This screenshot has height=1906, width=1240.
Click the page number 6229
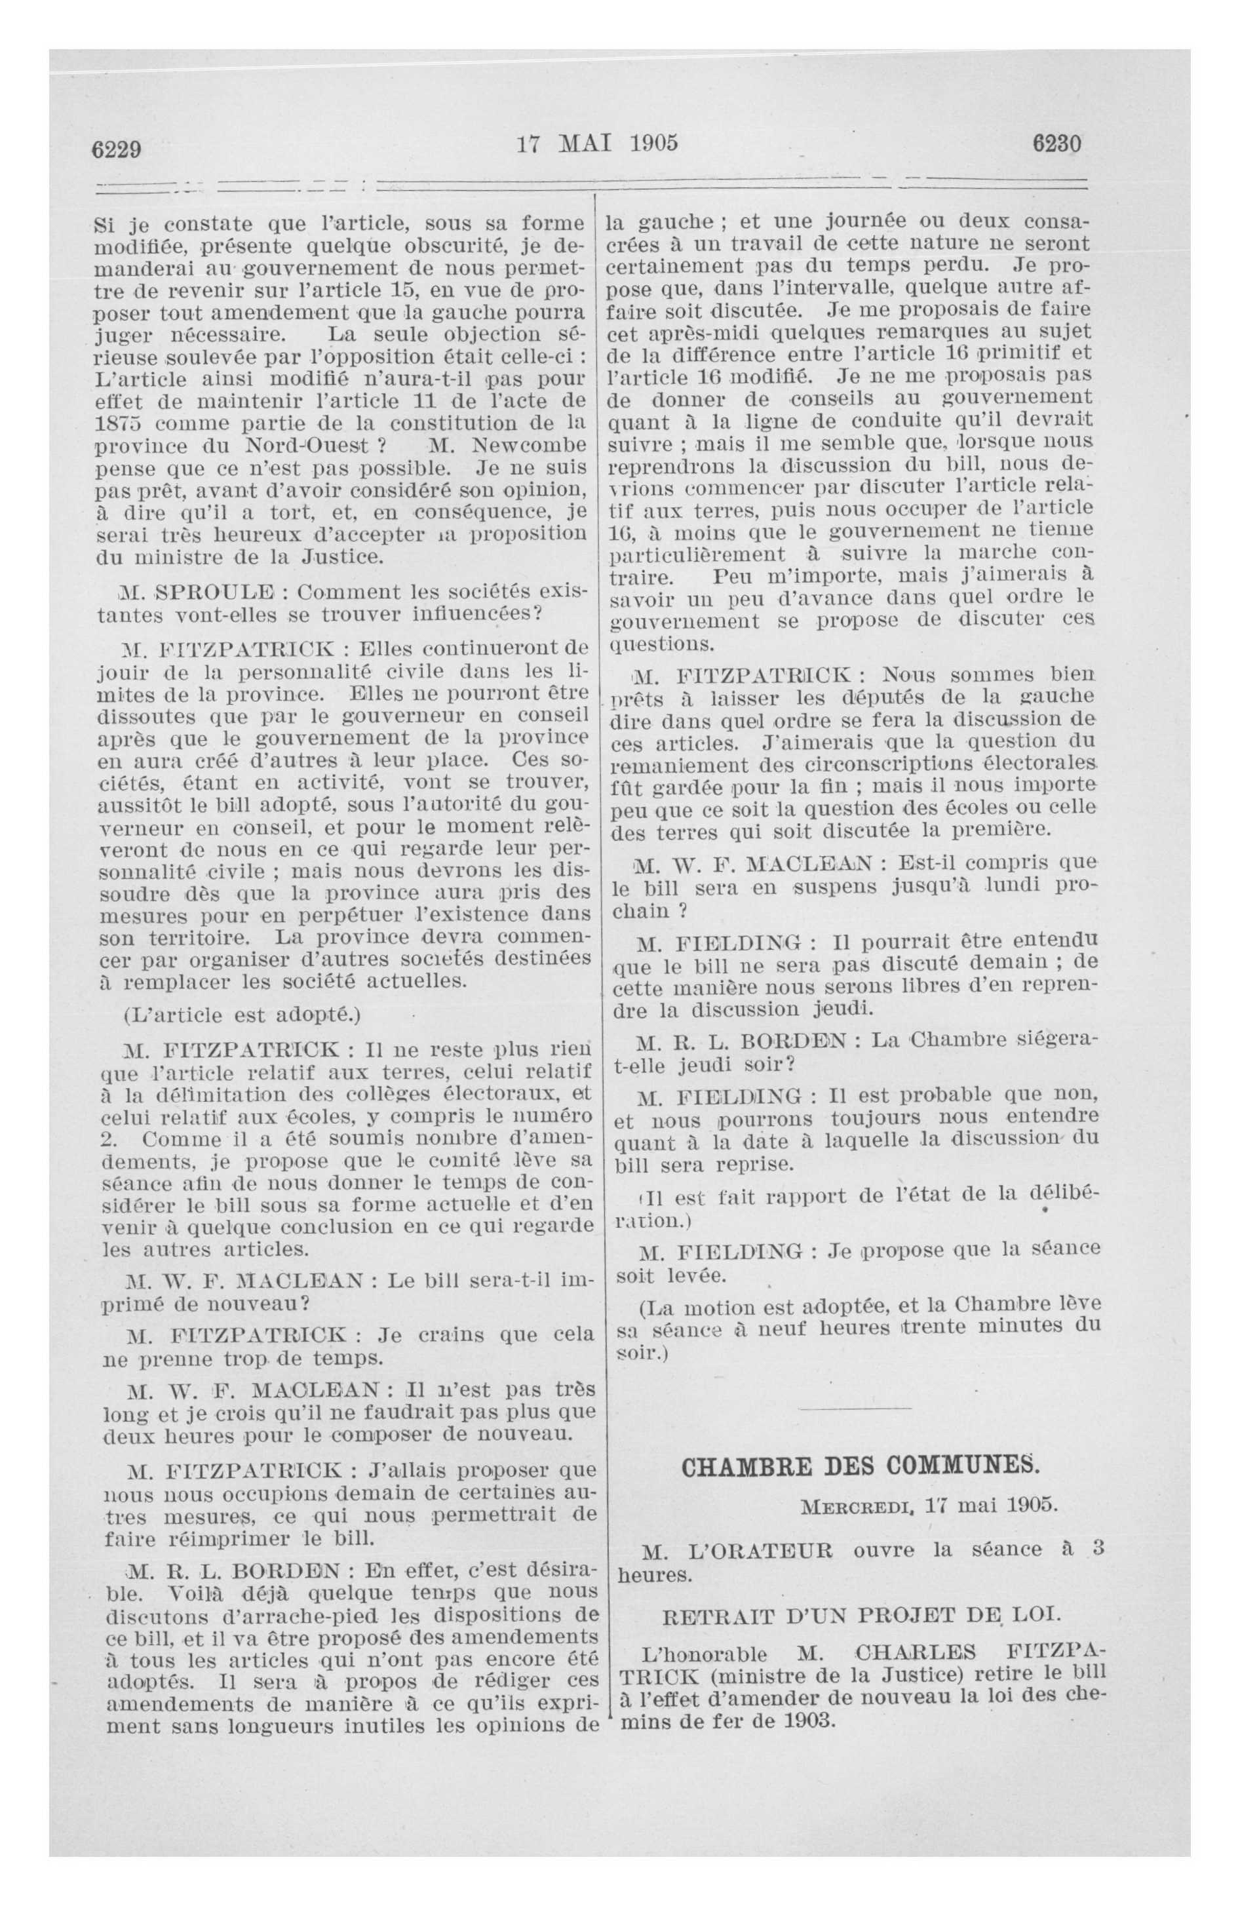coord(116,149)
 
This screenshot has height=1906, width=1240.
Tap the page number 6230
coord(1056,144)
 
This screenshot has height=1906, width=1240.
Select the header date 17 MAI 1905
coord(597,144)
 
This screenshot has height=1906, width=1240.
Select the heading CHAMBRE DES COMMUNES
coord(859,1466)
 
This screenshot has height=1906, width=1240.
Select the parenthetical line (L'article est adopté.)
coord(242,1015)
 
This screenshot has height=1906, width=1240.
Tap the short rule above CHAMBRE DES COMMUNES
coord(855,1407)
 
